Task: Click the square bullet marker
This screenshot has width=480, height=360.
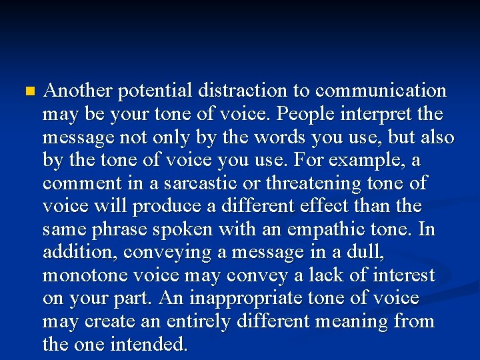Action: point(27,90)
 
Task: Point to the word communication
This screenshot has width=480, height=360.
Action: point(381,91)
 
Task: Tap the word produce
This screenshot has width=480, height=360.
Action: point(167,206)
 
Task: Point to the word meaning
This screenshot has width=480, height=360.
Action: point(351,321)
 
